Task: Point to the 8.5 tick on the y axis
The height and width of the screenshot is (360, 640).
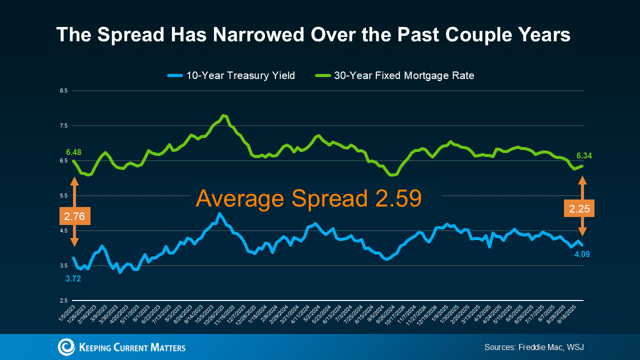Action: click(x=63, y=91)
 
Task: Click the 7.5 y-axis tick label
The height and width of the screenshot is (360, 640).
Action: click(x=63, y=126)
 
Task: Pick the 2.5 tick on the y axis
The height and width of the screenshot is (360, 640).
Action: click(x=63, y=300)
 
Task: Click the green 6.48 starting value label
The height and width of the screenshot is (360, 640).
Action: click(x=73, y=151)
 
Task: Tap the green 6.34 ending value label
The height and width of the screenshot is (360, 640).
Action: click(x=584, y=156)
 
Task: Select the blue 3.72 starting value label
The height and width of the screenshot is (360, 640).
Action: click(x=73, y=278)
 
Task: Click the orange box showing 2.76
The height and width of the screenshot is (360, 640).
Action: click(x=74, y=216)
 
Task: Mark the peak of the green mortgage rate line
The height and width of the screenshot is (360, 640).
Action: click(x=223, y=115)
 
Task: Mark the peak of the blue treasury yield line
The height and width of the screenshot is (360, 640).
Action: click(x=219, y=213)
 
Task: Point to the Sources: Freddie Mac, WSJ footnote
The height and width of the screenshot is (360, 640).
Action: click(x=534, y=347)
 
